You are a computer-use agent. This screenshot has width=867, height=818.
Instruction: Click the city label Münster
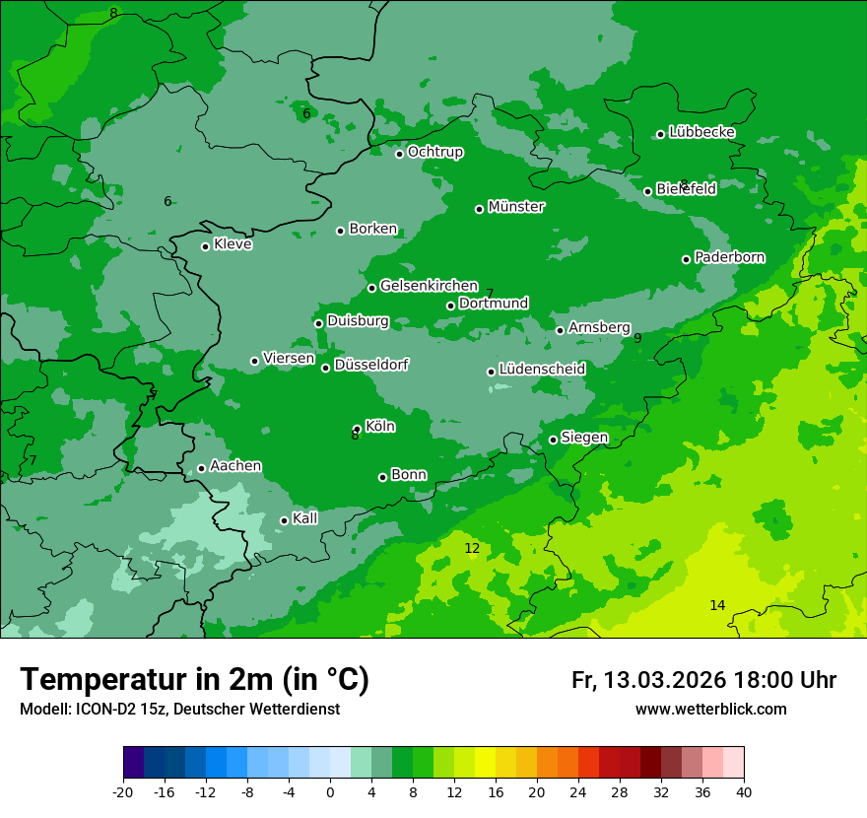click(x=516, y=207)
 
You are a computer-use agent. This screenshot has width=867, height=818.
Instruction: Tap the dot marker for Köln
click(x=357, y=429)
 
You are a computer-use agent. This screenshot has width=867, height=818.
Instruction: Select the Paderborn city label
click(x=729, y=257)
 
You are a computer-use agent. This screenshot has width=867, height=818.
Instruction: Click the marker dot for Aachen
click(x=201, y=468)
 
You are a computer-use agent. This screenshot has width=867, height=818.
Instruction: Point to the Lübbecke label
click(x=701, y=132)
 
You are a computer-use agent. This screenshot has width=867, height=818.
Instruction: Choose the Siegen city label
click(x=584, y=438)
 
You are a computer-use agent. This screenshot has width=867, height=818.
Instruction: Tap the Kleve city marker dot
click(x=205, y=246)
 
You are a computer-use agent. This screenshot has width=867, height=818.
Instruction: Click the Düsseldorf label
click(x=371, y=365)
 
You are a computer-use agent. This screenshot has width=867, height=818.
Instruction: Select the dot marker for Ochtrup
click(x=399, y=154)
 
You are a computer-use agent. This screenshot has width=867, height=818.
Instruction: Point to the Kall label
click(x=305, y=518)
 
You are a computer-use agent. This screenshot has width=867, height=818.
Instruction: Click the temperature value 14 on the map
click(x=717, y=605)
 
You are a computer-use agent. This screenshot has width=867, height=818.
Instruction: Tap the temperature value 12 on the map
click(x=472, y=548)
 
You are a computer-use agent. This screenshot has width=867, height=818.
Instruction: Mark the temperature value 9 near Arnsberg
click(x=637, y=338)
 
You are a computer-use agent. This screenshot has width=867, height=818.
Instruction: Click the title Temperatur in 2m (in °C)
click(x=194, y=679)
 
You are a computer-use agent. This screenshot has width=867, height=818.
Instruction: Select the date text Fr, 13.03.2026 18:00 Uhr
click(x=703, y=680)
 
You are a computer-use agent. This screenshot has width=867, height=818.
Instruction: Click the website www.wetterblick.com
click(x=710, y=710)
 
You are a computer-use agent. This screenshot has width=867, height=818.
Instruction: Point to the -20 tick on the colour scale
click(x=123, y=792)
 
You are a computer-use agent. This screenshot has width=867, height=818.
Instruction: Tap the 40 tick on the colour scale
click(x=744, y=792)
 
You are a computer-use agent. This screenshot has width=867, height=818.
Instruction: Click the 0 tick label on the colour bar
click(x=330, y=792)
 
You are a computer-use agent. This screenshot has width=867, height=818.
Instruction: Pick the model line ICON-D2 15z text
click(x=179, y=710)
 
